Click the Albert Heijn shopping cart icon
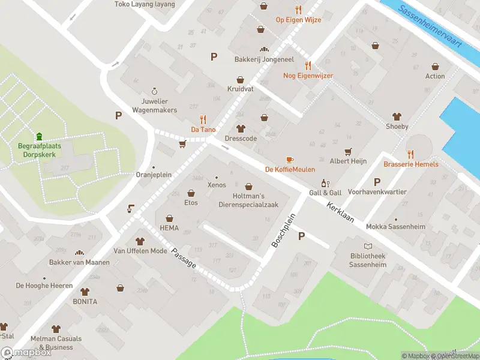pos(348,151)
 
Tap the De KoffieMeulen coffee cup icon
pos(290,160)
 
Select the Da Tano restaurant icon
pos(203,119)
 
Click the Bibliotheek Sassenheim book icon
pos(368,246)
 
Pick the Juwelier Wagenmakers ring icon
pos(155,91)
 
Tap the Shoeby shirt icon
pos(397,116)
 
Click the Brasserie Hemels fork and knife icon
pos(411,154)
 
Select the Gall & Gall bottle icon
pos(325,183)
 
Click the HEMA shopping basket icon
pos(169,218)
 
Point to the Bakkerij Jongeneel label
pos(263,59)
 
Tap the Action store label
pos(435,76)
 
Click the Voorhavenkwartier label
pos(377,192)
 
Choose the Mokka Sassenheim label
pos(395,227)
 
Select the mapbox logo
pos(26,353)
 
